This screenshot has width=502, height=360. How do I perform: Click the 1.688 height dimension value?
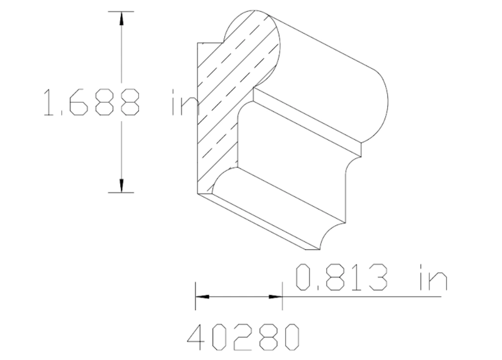click(91, 103)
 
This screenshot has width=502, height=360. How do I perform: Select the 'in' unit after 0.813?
click(433, 278)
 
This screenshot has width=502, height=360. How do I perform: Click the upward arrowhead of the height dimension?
click(121, 18)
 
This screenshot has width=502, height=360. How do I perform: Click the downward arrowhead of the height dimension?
click(121, 185)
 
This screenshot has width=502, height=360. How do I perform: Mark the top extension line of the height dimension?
click(121, 11)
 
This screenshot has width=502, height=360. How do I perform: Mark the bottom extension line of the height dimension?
click(121, 192)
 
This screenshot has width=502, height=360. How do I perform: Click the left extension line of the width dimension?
click(196, 296)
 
